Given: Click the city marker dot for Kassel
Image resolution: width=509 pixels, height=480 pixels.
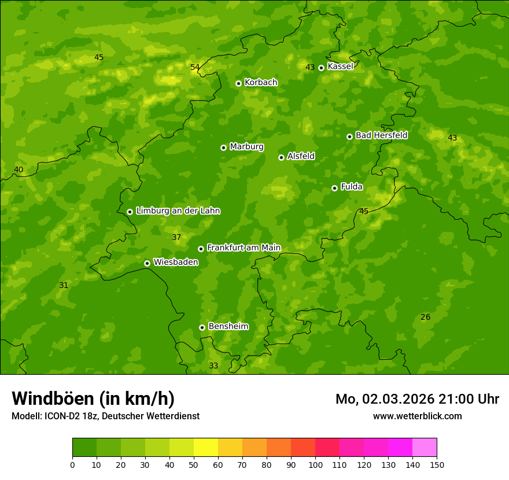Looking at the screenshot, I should pos(321,68).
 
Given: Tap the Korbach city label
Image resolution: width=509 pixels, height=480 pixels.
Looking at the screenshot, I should pos(261,83).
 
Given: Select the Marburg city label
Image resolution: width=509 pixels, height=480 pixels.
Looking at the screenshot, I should pos(246,147).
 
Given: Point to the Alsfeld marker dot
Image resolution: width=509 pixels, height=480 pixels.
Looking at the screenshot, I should pos(281,157).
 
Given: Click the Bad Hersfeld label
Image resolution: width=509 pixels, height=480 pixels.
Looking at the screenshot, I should pos(381,135).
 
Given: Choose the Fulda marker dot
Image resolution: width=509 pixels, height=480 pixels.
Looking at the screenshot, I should pos(334,188).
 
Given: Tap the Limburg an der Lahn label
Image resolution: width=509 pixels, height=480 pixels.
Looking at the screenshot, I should pos(178,211).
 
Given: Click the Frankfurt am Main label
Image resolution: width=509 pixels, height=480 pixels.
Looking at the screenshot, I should pos(244,248).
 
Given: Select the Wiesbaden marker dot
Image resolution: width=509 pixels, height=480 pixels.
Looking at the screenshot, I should pos(147,263).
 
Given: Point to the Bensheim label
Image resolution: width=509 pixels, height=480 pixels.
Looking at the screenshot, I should pos(228,327).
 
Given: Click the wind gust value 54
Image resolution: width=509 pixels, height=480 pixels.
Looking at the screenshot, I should pos(195,68).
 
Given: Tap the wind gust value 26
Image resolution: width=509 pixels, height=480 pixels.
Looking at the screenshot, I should pos(426,317).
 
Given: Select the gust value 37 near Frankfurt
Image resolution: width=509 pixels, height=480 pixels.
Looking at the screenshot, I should pos(176,238).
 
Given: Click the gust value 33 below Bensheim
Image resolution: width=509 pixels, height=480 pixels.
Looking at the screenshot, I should pos(213,366).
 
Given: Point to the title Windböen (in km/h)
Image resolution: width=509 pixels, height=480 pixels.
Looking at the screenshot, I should pos(93,399).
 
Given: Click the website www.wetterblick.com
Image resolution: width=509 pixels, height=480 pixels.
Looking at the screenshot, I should pos(418,416).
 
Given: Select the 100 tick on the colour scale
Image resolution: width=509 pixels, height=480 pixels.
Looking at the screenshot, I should pos(315,464).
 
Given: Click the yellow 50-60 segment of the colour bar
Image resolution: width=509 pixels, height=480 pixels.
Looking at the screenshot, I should pos(206,447).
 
